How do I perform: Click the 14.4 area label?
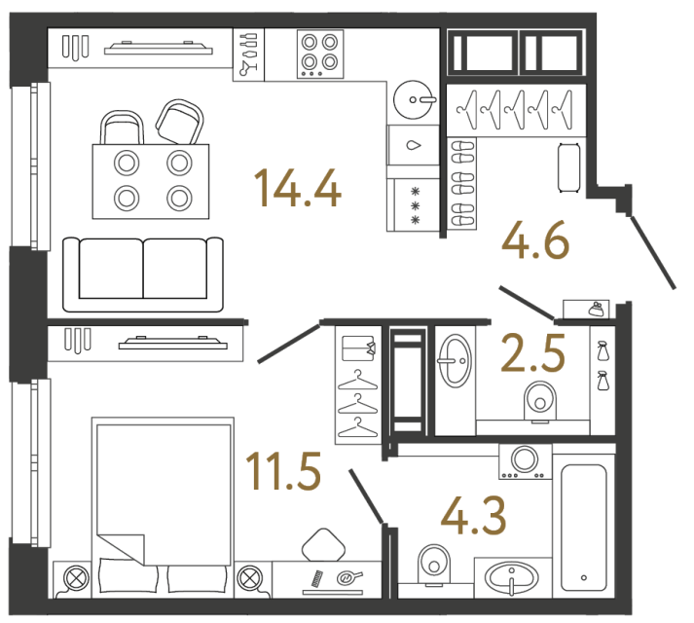pyautogui.click(x=297, y=188)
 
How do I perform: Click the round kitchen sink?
pyautogui.click(x=416, y=98)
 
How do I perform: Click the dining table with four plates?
pyautogui.click(x=151, y=181)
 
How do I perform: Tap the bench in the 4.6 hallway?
pyautogui.click(x=569, y=167)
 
